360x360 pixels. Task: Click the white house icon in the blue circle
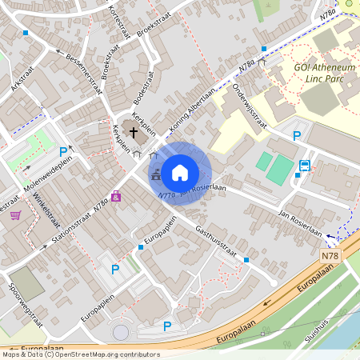pyautogui.click(x=180, y=172)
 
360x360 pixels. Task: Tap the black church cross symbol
pyautogui.click(x=133, y=130)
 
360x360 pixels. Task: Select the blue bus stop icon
pyautogui.click(x=304, y=166)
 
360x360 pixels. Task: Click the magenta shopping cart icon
pyautogui.click(x=15, y=214)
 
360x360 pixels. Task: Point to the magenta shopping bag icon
pyautogui.click(x=117, y=195)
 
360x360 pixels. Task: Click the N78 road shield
pyautogui.click(x=330, y=255)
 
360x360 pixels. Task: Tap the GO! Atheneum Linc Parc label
pyautogui.click(x=323, y=74)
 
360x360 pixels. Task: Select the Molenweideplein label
pyautogui.click(x=48, y=170)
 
